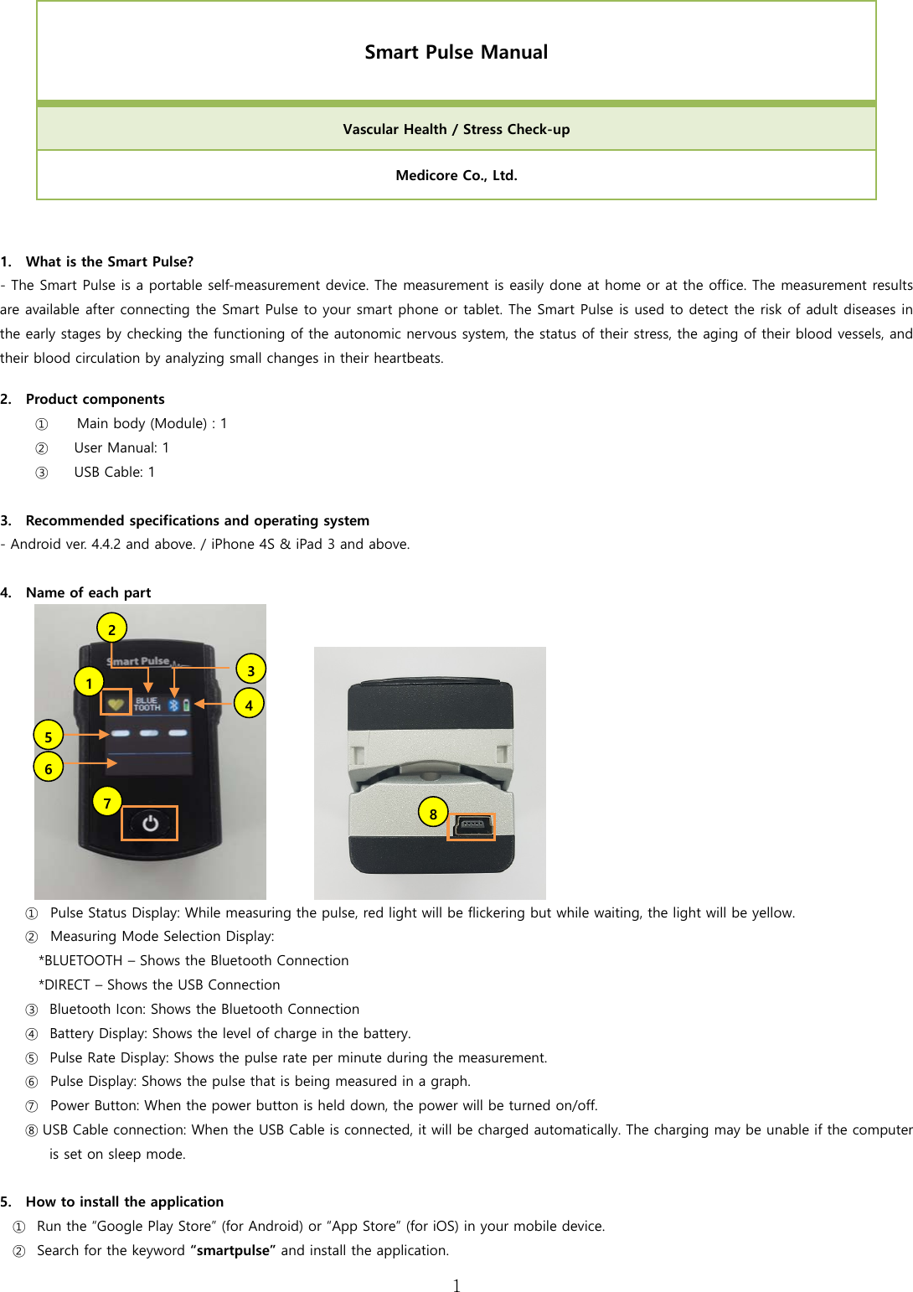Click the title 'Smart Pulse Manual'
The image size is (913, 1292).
(456, 52)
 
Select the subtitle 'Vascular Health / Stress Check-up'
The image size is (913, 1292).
(456, 129)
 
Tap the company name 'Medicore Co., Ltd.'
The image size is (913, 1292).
(456, 175)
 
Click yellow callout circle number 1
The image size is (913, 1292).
(89, 682)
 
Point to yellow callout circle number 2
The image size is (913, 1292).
(111, 628)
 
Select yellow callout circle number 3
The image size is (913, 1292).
(250, 669)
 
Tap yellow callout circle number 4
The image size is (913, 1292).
(249, 704)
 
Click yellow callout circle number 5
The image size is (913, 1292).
(49, 736)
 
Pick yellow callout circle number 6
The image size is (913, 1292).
(49, 767)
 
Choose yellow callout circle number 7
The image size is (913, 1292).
(107, 803)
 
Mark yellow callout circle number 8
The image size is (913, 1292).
(433, 813)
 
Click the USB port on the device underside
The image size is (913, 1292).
(472, 826)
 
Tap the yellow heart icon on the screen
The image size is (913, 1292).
(116, 704)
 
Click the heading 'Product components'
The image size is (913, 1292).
(95, 399)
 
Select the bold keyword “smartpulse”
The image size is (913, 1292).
(233, 1250)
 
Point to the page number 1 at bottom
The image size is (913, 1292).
(456, 1285)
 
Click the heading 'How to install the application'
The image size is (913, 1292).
(124, 1202)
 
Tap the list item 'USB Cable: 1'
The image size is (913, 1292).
(114, 472)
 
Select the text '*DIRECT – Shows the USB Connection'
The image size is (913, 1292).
(159, 985)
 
